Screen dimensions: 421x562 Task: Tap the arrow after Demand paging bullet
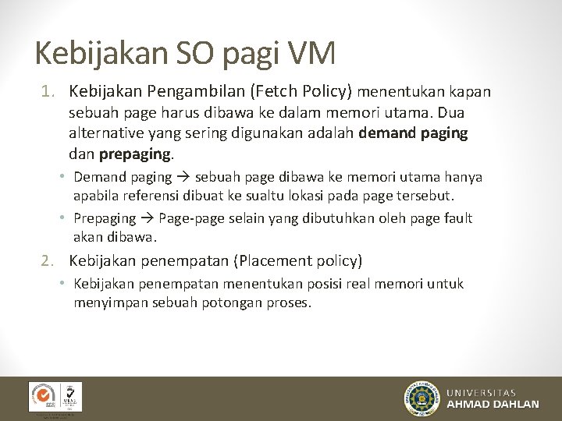point(183,177)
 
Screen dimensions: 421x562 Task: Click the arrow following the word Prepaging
point(148,218)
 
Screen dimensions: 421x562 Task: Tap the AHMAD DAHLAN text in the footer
point(493,404)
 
